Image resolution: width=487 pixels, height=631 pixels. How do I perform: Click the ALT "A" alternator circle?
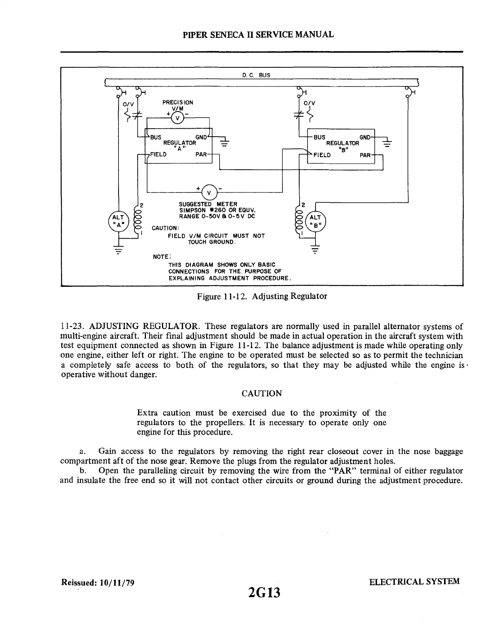coord(118,220)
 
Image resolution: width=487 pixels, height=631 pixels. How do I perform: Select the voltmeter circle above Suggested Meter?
coord(209,192)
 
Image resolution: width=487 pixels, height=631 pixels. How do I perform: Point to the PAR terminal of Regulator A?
coord(201,155)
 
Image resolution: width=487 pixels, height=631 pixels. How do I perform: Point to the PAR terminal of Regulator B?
coord(365,155)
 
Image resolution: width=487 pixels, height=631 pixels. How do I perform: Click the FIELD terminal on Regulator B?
coord(322,155)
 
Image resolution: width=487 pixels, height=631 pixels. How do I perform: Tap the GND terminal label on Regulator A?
coord(201,137)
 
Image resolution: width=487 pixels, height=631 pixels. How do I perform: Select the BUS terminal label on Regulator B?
coord(319,137)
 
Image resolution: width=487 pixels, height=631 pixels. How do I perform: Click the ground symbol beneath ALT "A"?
coord(118,250)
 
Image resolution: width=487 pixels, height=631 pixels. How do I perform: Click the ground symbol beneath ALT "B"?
coord(315,250)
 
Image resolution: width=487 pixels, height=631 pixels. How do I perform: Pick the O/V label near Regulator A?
coord(128,104)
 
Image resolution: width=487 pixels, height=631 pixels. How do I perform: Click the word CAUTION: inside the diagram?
coord(165,228)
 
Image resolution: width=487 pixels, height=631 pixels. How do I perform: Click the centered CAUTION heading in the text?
coord(262,394)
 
